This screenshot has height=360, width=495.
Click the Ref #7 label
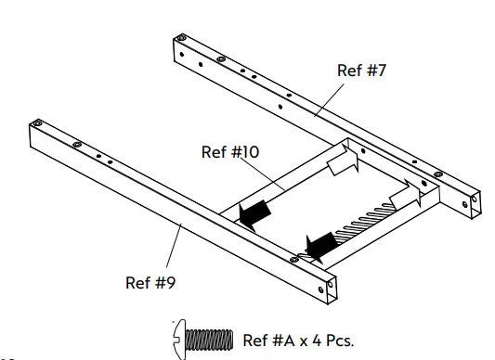tap(361, 71)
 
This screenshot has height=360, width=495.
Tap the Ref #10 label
tap(230, 152)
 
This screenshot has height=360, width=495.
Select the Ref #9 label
tap(150, 283)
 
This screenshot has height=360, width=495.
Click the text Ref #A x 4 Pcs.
tap(298, 341)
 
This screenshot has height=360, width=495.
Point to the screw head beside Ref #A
tap(180, 340)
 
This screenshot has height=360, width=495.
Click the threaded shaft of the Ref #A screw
tap(209, 340)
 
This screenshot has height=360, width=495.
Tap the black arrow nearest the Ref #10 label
tap(254, 214)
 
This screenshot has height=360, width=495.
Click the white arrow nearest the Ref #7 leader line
tap(343, 160)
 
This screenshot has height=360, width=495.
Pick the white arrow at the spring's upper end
tap(405, 194)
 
